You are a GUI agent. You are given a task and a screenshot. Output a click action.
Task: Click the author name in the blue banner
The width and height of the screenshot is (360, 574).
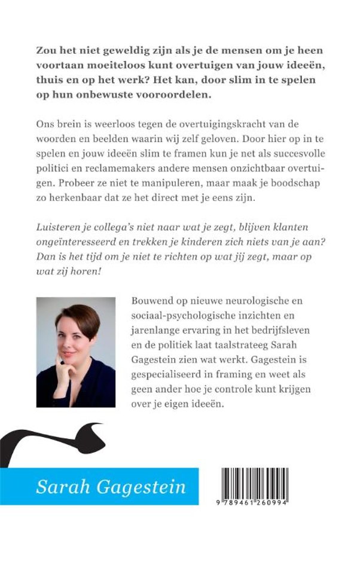point(111,486)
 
